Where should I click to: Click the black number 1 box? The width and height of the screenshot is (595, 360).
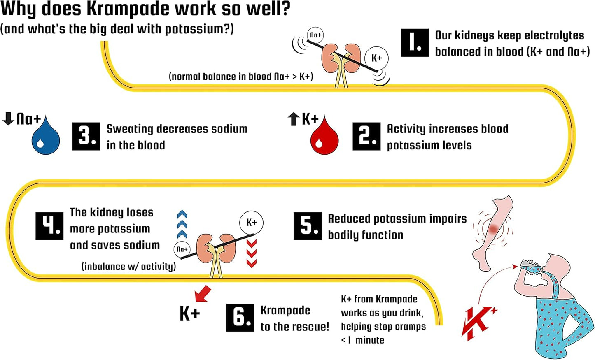pyautogui.click(x=415, y=43)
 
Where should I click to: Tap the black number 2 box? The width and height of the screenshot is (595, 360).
pyautogui.click(x=366, y=136)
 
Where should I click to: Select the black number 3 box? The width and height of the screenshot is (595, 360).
pyautogui.click(x=86, y=136)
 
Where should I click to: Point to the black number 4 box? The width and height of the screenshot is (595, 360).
pyautogui.click(x=49, y=226)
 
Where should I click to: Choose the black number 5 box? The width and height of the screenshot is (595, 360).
pyautogui.click(x=307, y=226)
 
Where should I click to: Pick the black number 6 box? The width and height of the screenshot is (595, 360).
pyautogui.click(x=240, y=318)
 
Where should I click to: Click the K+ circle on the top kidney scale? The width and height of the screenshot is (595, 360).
pyautogui.click(x=376, y=58)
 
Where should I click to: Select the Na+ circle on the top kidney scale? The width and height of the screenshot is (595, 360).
pyautogui.click(x=315, y=35)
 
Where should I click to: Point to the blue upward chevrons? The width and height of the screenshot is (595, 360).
pyautogui.click(x=182, y=224)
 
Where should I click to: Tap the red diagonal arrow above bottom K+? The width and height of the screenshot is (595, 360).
pyautogui.click(x=203, y=294)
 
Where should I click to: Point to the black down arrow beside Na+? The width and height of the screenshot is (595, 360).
pyautogui.click(x=8, y=118)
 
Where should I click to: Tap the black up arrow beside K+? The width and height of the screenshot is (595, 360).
pyautogui.click(x=293, y=119)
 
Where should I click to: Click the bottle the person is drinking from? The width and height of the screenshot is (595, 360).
pyautogui.click(x=530, y=267)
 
